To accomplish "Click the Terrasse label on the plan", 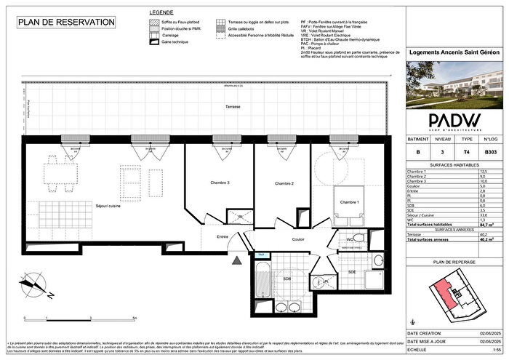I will (x=233, y=107).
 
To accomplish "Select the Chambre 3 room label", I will (x=220, y=183).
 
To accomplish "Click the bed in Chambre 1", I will (x=351, y=208).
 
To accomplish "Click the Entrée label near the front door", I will (x=222, y=237).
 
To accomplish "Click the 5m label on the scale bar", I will (x=135, y=318).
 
